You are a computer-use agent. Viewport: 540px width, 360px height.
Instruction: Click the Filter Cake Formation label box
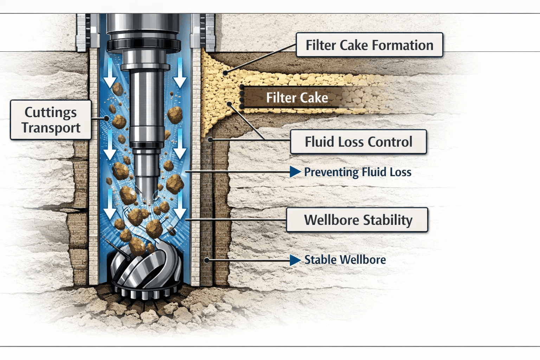(369, 45)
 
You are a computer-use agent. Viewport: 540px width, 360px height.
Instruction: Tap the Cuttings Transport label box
(51, 120)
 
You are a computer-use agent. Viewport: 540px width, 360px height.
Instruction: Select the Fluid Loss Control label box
(358, 142)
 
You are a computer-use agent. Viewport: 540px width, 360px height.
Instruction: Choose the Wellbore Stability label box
(357, 220)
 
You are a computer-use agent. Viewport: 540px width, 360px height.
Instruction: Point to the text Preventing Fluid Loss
(358, 172)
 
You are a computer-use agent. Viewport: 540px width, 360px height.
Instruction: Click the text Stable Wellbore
(345, 260)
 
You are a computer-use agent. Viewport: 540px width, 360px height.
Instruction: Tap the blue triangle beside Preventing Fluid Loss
(295, 172)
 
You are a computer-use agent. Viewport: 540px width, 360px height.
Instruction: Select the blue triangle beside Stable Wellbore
(295, 260)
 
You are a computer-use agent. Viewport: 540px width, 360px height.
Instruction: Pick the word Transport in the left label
(51, 128)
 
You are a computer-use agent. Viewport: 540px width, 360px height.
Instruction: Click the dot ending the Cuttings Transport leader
(107, 119)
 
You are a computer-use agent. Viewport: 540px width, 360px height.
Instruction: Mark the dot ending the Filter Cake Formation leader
(225, 73)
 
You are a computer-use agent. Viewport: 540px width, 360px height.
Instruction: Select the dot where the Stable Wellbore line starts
(207, 261)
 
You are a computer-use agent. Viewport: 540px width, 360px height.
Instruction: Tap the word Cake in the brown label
(316, 97)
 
